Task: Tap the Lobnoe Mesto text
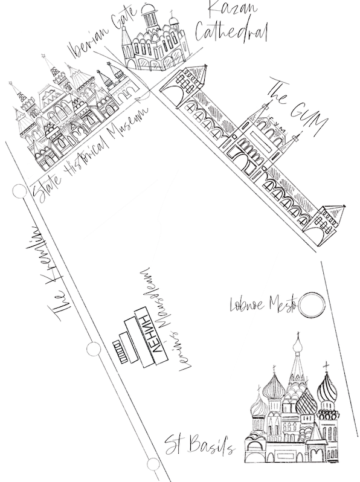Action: (261, 303)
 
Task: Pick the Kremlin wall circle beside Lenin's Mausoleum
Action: (93, 349)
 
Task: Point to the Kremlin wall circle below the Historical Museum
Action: (19, 191)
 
